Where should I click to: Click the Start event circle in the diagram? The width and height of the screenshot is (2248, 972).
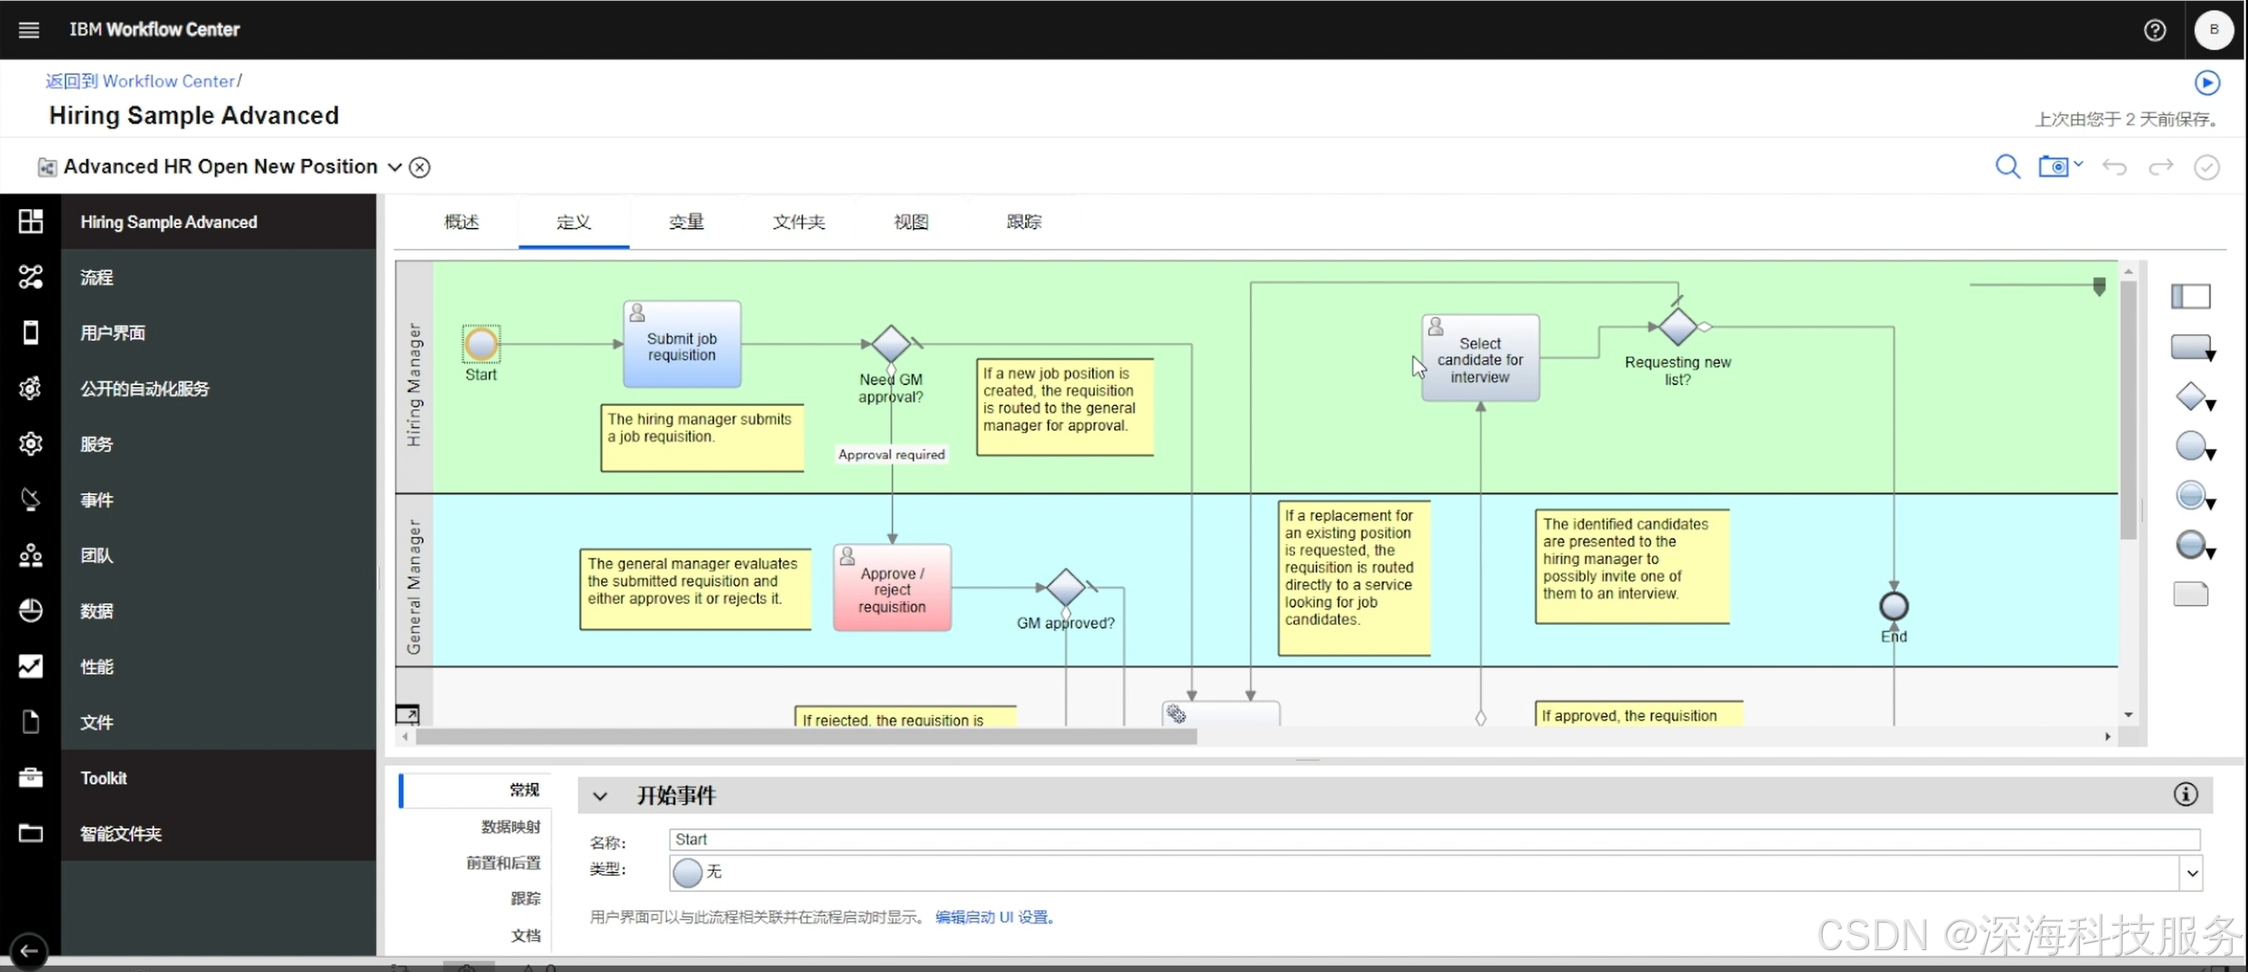[481, 344]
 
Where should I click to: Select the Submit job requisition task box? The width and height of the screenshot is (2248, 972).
[681, 346]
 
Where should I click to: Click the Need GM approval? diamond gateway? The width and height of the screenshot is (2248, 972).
[890, 344]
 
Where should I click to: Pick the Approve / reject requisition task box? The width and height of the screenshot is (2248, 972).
[892, 589]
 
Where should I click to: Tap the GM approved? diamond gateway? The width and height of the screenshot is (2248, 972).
[1065, 588]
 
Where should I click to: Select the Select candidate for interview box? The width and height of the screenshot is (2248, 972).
[1479, 359]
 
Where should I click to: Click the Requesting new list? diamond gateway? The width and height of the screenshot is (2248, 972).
[1677, 327]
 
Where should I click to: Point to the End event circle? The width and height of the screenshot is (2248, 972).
[1894, 606]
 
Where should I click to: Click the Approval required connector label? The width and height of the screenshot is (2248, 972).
[891, 454]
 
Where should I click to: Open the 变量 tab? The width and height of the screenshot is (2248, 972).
[686, 222]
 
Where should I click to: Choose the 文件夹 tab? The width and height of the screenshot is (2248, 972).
[799, 222]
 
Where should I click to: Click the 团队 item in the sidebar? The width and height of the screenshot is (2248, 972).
[96, 555]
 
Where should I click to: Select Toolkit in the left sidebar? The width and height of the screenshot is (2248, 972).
[104, 778]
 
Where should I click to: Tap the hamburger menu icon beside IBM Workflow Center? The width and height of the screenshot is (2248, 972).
[29, 30]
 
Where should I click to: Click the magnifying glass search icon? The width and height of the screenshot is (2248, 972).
[2007, 167]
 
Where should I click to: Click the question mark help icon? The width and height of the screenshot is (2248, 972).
[2154, 30]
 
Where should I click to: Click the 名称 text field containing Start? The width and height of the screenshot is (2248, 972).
[1434, 839]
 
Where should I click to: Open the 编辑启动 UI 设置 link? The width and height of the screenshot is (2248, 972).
[995, 917]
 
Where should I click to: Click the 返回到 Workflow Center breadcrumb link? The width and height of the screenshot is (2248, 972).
[141, 81]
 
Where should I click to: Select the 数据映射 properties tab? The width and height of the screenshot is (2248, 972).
[511, 827]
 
